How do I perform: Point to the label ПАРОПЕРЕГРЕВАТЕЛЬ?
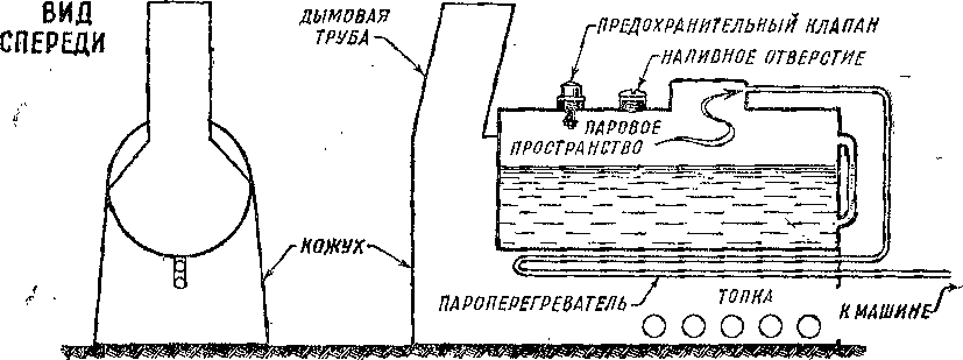[x=535, y=303]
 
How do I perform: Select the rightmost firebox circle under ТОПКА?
[x=809, y=326]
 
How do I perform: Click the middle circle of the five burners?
[x=732, y=326]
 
